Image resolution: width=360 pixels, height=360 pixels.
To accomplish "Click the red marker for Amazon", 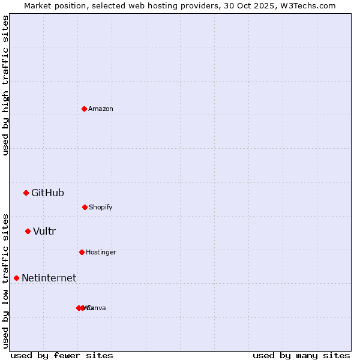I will (x=84, y=109).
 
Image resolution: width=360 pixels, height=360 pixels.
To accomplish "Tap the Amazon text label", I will (x=101, y=109).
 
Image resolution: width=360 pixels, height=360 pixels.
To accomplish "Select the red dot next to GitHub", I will (x=26, y=193).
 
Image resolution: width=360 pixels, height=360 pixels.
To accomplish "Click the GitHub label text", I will (x=47, y=193).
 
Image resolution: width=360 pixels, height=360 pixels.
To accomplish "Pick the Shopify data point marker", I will (x=85, y=207).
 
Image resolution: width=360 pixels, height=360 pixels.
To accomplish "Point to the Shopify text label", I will (x=101, y=207).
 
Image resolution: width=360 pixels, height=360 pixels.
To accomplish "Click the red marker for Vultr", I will (x=28, y=231).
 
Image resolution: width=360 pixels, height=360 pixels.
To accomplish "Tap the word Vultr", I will (x=44, y=231).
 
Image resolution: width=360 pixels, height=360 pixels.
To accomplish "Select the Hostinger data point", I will (x=82, y=252).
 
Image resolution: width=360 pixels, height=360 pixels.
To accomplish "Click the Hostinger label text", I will (x=101, y=252).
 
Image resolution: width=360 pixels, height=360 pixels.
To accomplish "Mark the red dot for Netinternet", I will (x=16, y=278).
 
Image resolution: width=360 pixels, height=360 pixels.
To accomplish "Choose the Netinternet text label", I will (x=49, y=278).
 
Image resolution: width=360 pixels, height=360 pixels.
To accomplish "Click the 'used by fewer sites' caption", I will (x=62, y=355).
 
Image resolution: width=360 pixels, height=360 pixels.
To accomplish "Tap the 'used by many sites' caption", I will (x=301, y=355).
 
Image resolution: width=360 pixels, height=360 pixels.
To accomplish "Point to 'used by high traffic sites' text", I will (x=5, y=85).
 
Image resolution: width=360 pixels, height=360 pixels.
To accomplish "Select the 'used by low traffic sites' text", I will (x=5, y=281).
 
